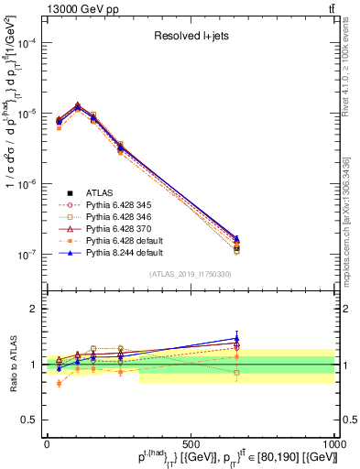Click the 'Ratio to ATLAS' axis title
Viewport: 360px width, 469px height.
(x=10, y=365)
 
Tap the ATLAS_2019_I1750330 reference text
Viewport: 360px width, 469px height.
(x=191, y=273)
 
